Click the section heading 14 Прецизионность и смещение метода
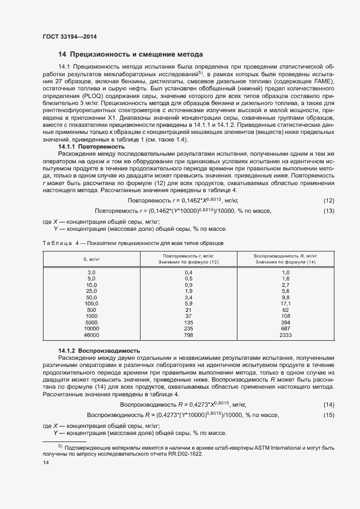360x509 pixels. [x=131, y=54]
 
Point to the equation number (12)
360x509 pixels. [x=328, y=201]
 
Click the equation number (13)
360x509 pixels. [x=328, y=211]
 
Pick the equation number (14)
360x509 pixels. [x=328, y=404]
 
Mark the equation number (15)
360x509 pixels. [x=328, y=415]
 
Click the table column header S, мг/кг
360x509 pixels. [x=91, y=259]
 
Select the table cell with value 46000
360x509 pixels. [x=91, y=335]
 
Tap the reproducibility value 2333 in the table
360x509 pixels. [x=285, y=335]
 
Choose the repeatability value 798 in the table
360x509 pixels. [x=189, y=335]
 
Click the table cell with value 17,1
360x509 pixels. [x=285, y=303]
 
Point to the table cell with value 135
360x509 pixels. [x=189, y=322]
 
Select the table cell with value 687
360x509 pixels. [x=285, y=329]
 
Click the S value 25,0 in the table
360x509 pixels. [x=91, y=291]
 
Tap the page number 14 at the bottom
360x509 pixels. [x=46, y=462]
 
